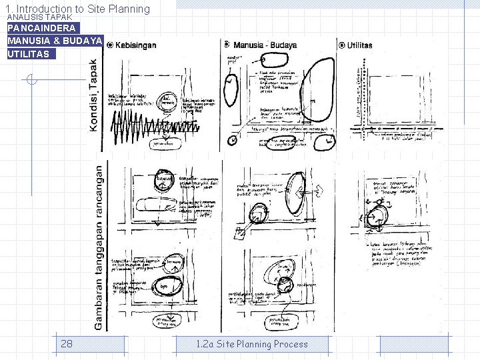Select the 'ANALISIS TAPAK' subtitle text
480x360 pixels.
pos(39,17)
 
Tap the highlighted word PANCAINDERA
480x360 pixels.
pos(41,29)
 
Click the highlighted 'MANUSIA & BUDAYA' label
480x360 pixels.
pos(55,41)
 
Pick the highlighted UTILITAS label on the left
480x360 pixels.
pos(28,54)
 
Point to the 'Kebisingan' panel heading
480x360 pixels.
pos(136,45)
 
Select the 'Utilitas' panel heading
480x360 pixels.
pos(360,45)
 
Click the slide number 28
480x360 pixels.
pos(67,344)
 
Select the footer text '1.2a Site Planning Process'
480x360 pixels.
pos(252,344)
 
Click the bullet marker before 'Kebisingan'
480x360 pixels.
pos(110,45)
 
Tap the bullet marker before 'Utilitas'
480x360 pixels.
pos(341,45)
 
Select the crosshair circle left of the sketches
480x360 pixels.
pos(30,81)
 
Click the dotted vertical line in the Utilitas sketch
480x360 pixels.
pos(361,100)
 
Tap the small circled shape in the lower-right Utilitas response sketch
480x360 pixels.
pos(379,217)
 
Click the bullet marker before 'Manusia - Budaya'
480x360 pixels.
pos(227,45)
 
